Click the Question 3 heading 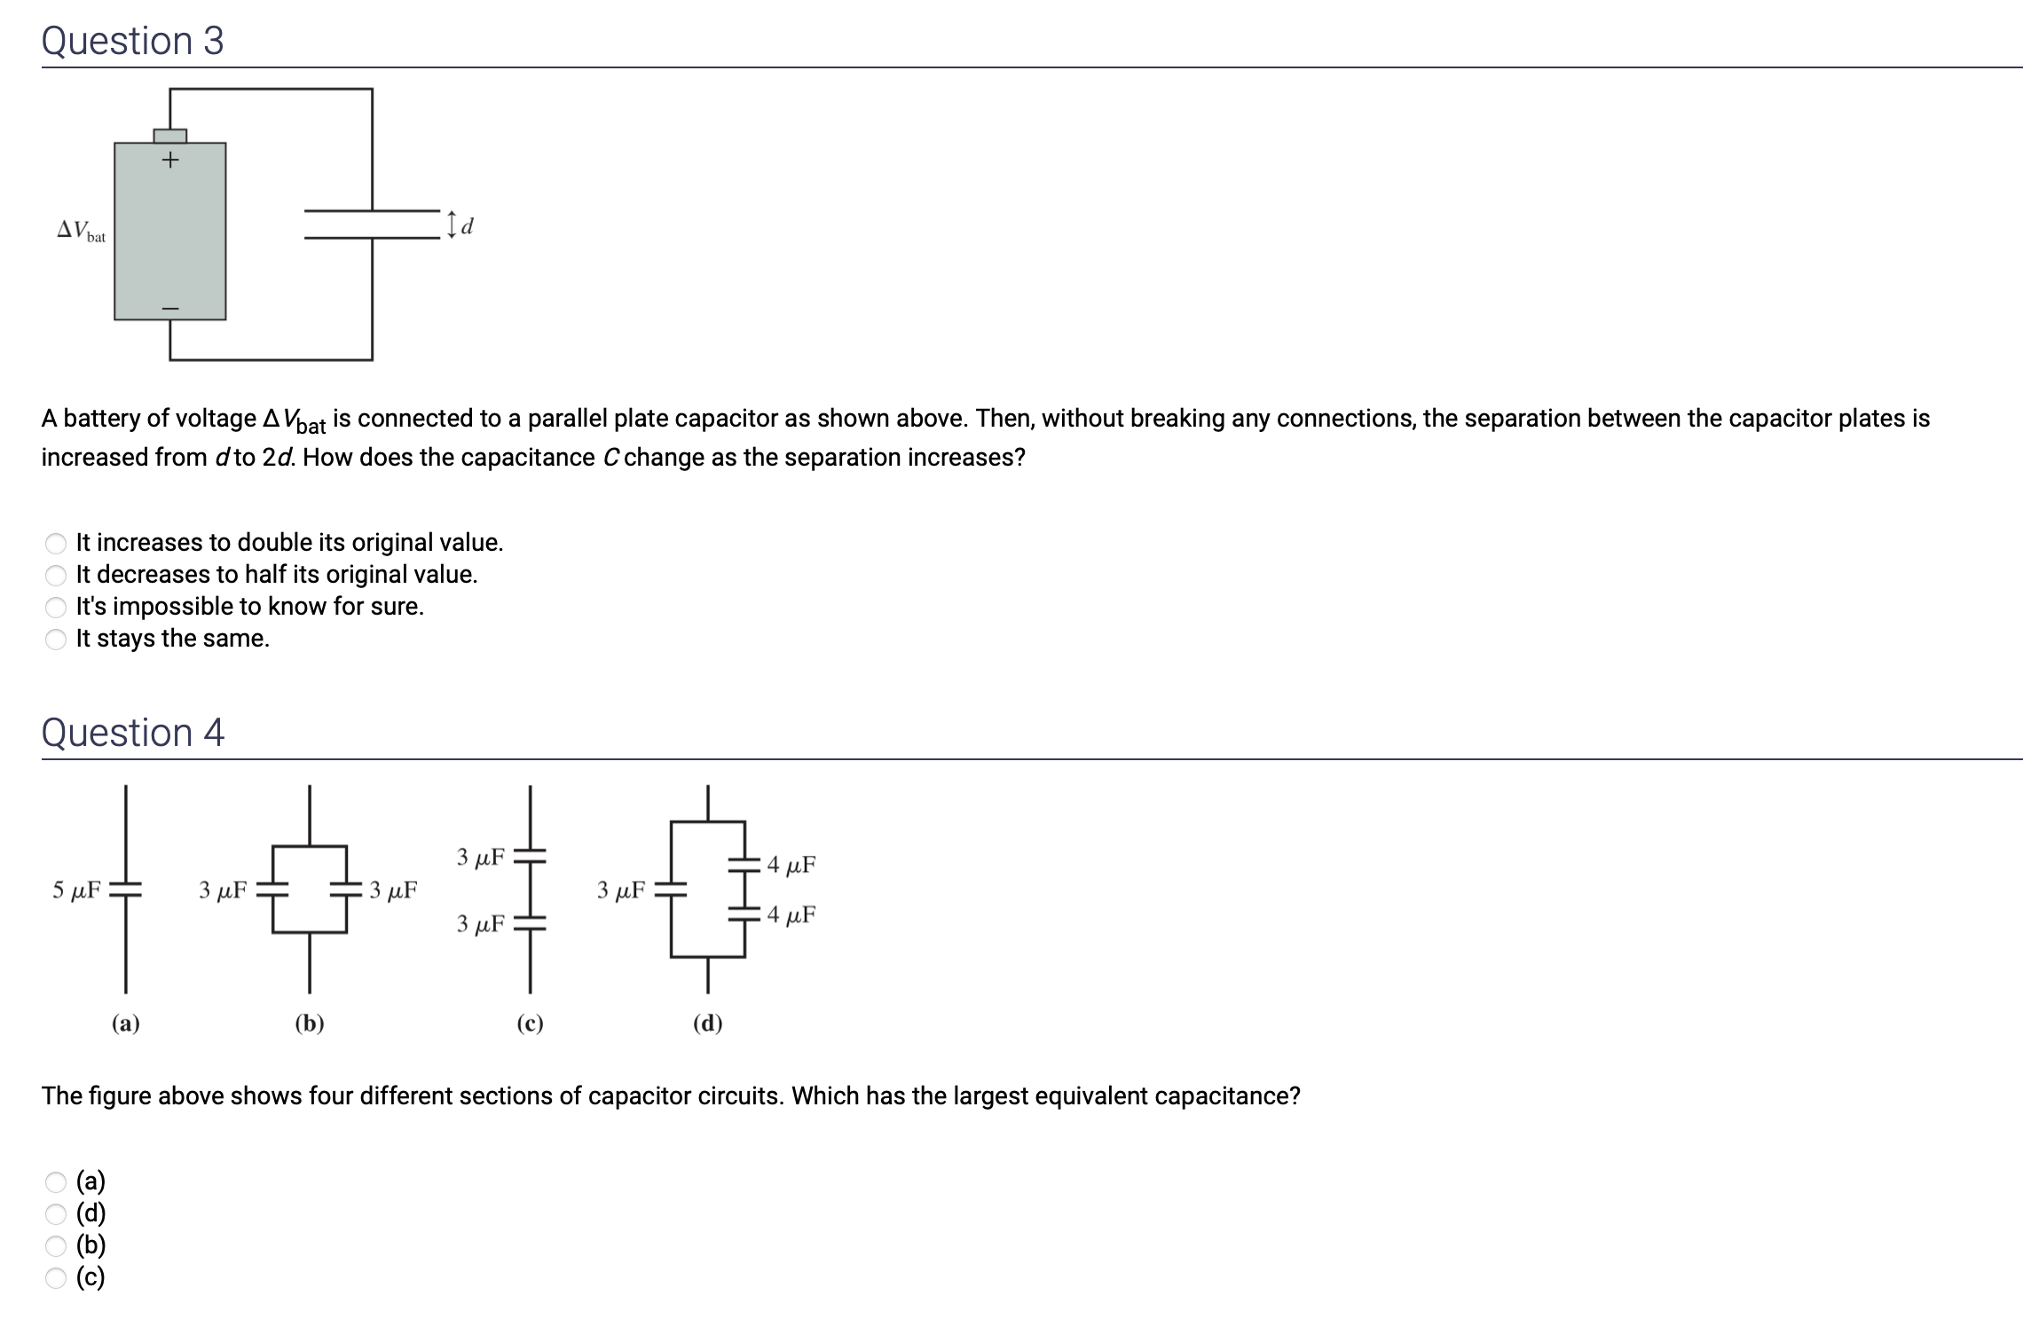coord(132,41)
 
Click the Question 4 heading coord(132,733)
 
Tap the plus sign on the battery coord(169,161)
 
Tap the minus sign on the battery coord(169,308)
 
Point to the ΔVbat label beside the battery coord(81,232)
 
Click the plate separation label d coord(468,225)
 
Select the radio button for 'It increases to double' coord(56,543)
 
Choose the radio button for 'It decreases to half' coord(56,575)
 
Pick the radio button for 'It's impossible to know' coord(56,607)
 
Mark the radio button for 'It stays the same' coord(56,639)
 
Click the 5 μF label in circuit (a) coord(76,890)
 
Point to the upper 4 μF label coord(791,864)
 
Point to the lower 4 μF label coord(791,915)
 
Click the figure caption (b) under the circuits coord(309,1024)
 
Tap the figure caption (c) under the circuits coord(530,1024)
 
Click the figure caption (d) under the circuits coord(707,1024)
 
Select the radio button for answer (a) coord(56,1182)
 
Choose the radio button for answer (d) coord(56,1213)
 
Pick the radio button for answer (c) coord(56,1277)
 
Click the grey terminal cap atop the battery coord(169,136)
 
